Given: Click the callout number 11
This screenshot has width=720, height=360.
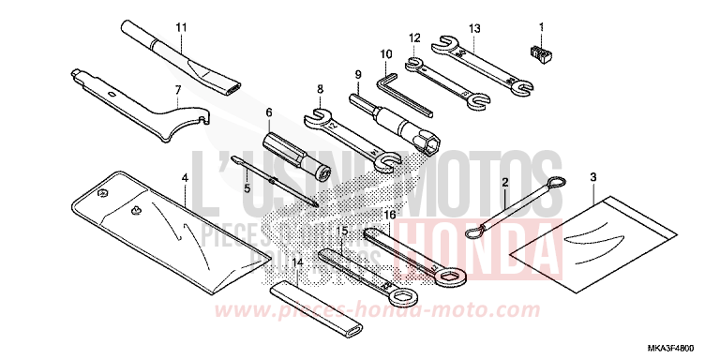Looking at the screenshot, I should (181, 25).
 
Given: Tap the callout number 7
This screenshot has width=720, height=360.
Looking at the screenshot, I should (175, 90).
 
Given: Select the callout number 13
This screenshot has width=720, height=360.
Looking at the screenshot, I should (474, 28).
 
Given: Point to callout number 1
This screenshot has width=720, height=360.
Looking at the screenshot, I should (541, 25).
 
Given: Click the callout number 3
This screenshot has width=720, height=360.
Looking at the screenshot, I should (592, 176).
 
